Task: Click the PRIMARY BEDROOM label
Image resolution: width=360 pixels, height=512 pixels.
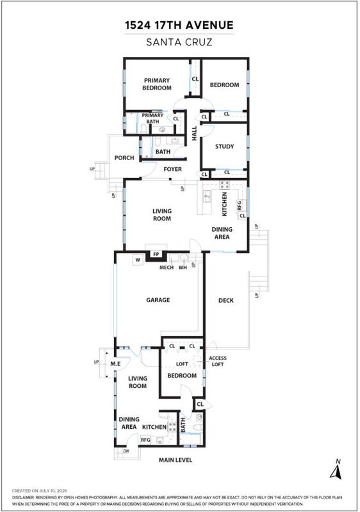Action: [x=157, y=84]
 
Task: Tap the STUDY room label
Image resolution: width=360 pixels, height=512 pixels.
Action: [x=224, y=147]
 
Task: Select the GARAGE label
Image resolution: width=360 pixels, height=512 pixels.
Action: [x=158, y=300]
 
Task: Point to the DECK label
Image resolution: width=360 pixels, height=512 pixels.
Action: [x=226, y=300]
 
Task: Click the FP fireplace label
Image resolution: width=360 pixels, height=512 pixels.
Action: [x=156, y=254]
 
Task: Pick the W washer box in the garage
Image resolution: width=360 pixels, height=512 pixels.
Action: [x=138, y=260]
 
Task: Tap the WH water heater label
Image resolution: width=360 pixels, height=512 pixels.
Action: [x=183, y=268]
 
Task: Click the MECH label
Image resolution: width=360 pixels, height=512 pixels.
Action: [x=167, y=268]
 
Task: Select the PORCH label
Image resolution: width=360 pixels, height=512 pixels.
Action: [x=124, y=157]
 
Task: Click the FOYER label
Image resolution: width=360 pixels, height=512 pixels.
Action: [x=172, y=169]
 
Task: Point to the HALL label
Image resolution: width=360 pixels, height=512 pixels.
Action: [x=194, y=133]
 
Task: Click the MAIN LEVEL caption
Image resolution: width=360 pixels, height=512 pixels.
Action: [x=176, y=460]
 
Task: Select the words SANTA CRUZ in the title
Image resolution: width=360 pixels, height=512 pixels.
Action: [x=179, y=42]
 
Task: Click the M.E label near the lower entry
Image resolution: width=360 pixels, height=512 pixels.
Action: [x=115, y=364]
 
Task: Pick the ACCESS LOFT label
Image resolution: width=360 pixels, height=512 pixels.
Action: [x=218, y=361]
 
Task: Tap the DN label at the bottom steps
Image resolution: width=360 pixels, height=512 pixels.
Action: [x=126, y=451]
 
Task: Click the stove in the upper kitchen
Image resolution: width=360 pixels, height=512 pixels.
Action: [x=224, y=185]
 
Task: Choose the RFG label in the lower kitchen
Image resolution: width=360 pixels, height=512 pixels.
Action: [x=145, y=440]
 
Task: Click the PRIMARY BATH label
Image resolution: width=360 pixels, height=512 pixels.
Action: [x=152, y=118]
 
